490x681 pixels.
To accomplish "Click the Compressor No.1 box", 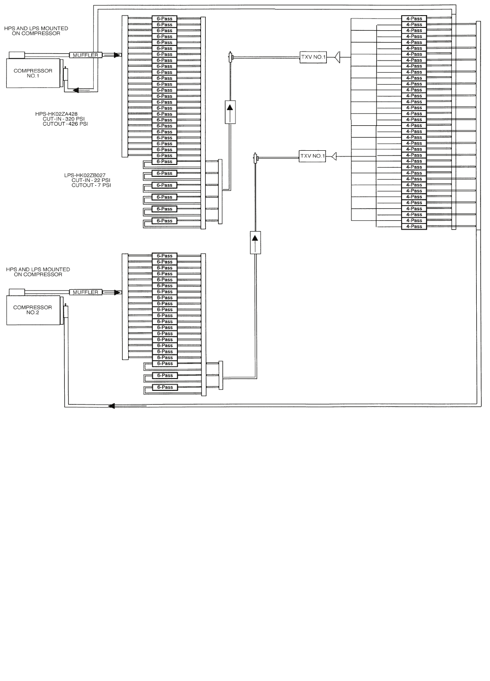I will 33,73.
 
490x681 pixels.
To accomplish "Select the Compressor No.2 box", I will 33,310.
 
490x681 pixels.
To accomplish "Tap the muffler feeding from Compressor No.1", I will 86,55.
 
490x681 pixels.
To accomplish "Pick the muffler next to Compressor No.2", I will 86,292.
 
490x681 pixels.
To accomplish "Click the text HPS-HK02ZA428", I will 56,114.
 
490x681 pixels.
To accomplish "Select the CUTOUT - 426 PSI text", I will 65,124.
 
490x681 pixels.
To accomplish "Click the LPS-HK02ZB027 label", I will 85,175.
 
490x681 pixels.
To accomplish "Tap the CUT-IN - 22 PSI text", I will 91,181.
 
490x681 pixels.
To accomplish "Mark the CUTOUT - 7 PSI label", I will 91,185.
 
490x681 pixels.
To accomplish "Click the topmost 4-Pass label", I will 414,18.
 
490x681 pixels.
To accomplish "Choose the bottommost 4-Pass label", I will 414,226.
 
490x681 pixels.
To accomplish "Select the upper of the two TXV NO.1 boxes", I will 313,57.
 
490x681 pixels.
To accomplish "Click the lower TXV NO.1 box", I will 313,156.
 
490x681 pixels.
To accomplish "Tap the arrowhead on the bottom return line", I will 112,405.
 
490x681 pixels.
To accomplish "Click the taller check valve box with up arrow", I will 230,112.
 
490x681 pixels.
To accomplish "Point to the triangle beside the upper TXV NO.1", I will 337,57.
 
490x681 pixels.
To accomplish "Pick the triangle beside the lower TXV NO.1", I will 333,156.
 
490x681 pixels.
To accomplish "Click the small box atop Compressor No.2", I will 17,292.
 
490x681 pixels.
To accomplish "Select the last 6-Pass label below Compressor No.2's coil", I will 165,388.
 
